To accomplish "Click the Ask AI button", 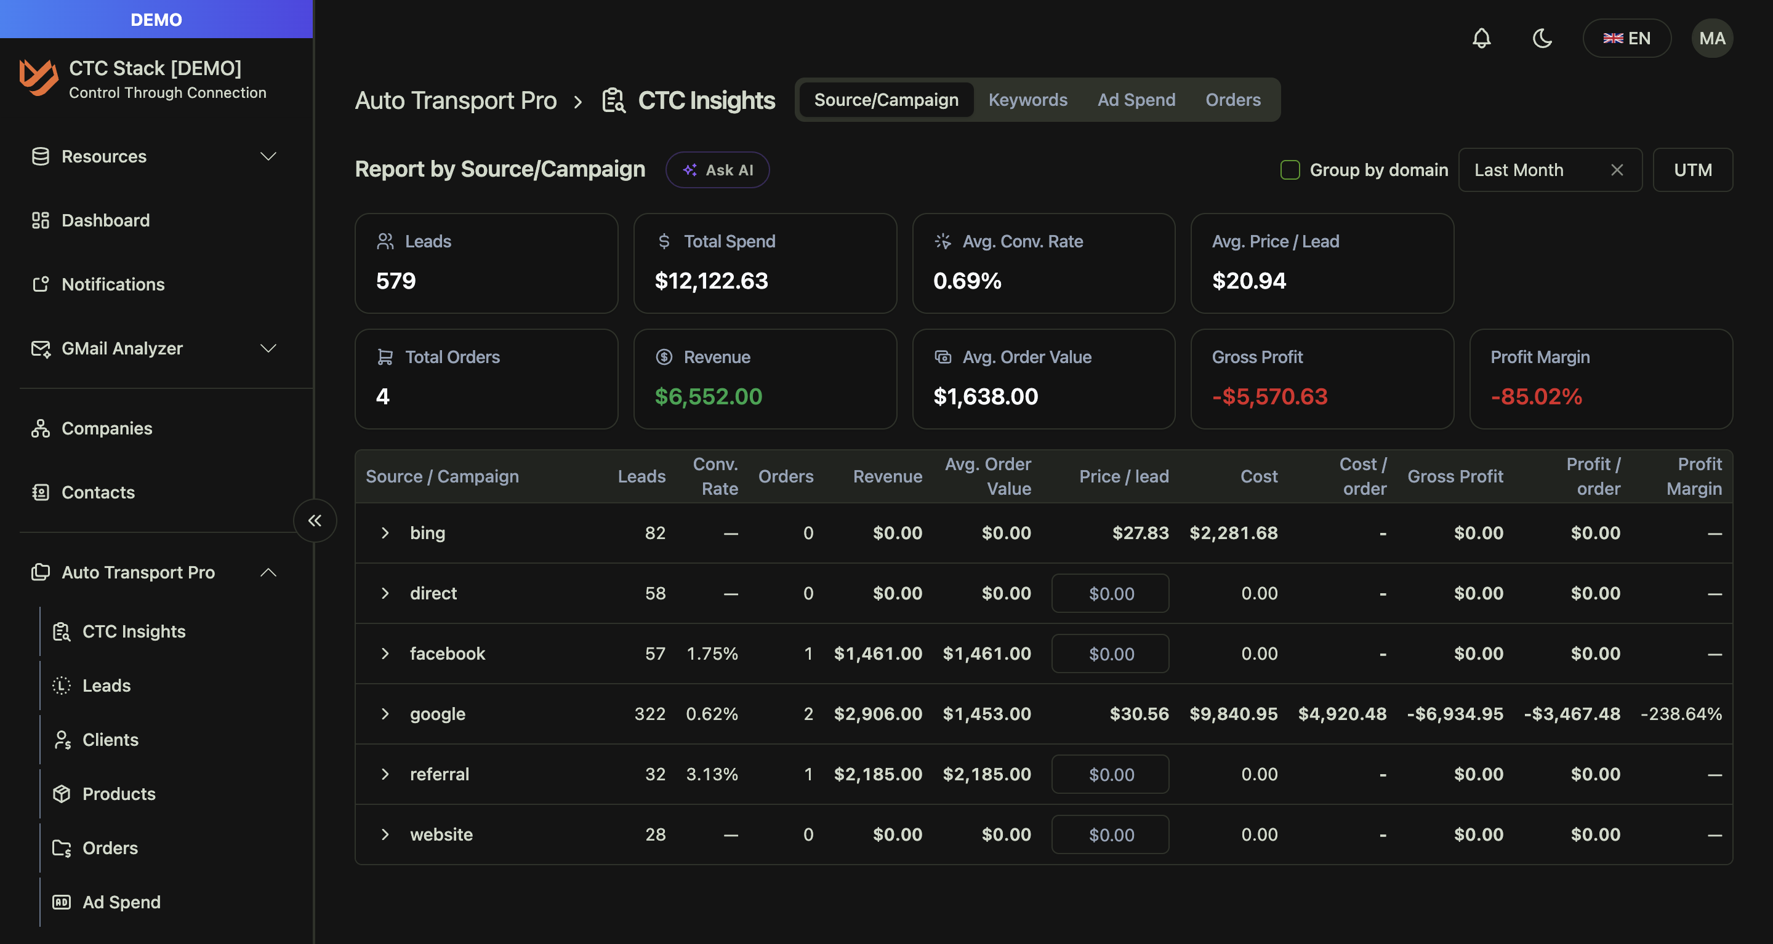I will point(717,170).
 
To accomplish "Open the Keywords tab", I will point(1027,100).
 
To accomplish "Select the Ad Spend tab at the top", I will point(1136,100).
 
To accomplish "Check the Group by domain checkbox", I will point(1290,170).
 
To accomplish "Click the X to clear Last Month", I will point(1617,170).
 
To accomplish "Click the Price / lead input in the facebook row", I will point(1109,654).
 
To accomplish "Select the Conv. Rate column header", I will point(715,476).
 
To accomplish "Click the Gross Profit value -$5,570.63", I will point(1269,396).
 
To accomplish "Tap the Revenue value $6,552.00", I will point(708,396).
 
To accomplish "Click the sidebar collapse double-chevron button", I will point(315,520).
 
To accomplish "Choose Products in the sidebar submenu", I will point(118,793).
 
